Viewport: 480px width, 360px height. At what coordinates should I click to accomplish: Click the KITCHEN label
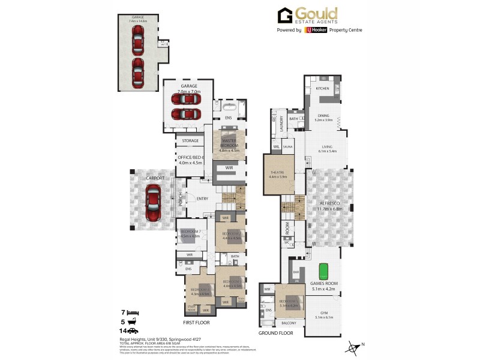pyautogui.click(x=323, y=88)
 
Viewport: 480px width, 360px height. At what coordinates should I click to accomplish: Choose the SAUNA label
pyautogui.click(x=287, y=146)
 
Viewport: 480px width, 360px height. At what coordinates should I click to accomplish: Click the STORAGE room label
pyautogui.click(x=190, y=141)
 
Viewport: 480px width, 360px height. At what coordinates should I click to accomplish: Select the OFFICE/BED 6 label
pyautogui.click(x=191, y=157)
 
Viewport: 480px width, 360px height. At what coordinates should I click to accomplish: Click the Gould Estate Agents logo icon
pyautogui.click(x=284, y=15)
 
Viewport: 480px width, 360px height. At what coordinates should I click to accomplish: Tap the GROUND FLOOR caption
pyautogui.click(x=275, y=332)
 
